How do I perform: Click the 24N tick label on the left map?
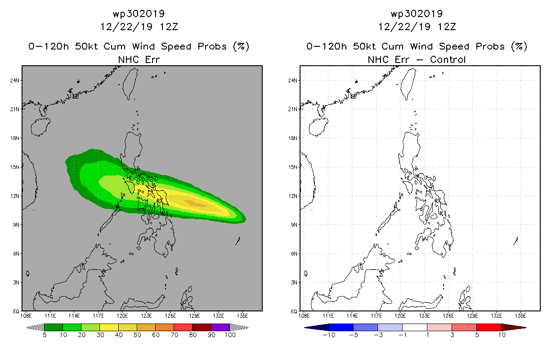coord(14,81)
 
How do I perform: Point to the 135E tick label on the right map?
coord(520,316)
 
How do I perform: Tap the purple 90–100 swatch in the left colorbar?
coord(220,327)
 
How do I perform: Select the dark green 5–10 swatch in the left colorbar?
coord(54,327)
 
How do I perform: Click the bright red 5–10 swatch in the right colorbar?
coord(489,327)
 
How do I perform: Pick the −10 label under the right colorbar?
coord(329,335)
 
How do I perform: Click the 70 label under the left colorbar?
coord(175,335)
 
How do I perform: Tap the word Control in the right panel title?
coord(448,59)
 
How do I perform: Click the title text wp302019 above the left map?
coord(139,13)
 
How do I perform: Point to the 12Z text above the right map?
coord(447,27)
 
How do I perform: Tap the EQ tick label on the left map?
coord(16,311)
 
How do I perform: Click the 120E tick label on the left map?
coord(122,316)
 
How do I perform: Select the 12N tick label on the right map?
coord(292,196)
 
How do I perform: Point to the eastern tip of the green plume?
coord(246,220)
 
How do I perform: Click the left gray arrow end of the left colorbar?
coord(35,327)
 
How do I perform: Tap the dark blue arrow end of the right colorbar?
coord(317,327)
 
